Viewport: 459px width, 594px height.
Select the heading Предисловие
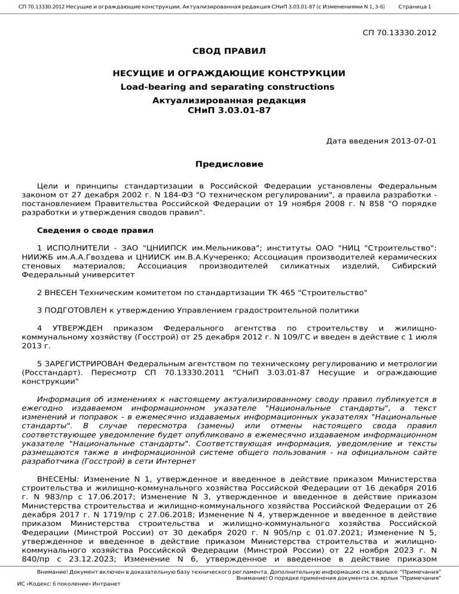click(229, 164)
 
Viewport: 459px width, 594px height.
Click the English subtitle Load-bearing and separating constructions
click(229, 87)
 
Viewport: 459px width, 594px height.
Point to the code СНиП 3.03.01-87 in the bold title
click(229, 111)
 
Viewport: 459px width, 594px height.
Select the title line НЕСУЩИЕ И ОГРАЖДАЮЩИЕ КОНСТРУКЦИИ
click(229, 74)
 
